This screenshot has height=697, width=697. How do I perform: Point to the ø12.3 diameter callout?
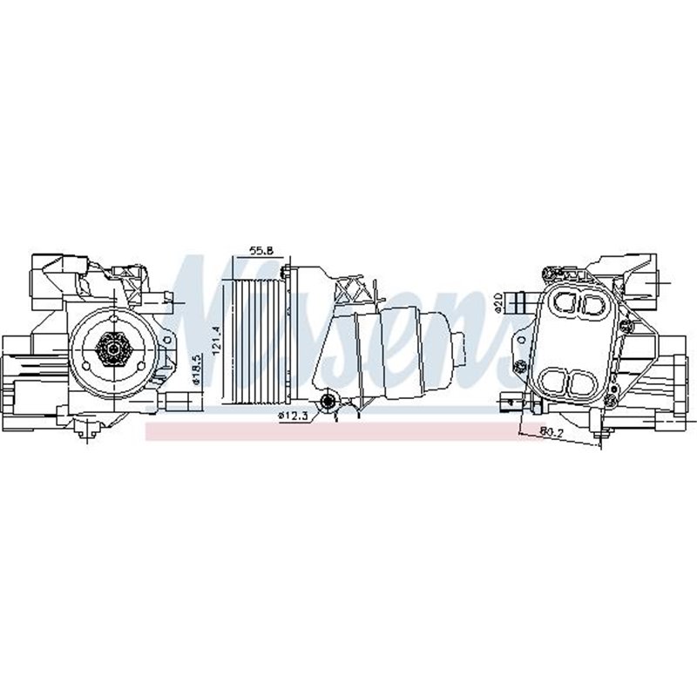click(x=293, y=416)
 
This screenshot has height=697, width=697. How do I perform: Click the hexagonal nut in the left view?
click(x=112, y=350)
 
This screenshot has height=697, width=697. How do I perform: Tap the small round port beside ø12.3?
click(x=328, y=401)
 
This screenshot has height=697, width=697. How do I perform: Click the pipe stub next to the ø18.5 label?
click(x=178, y=401)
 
